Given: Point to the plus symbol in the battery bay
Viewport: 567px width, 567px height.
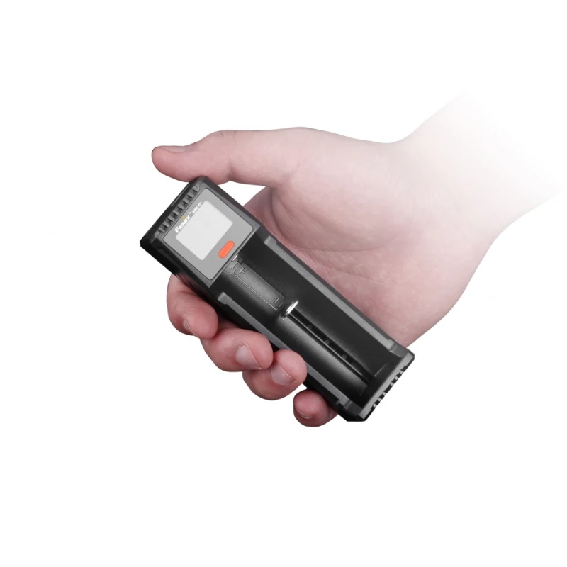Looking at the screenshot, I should (x=242, y=270).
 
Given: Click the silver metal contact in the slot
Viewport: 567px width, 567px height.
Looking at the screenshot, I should (x=291, y=310).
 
